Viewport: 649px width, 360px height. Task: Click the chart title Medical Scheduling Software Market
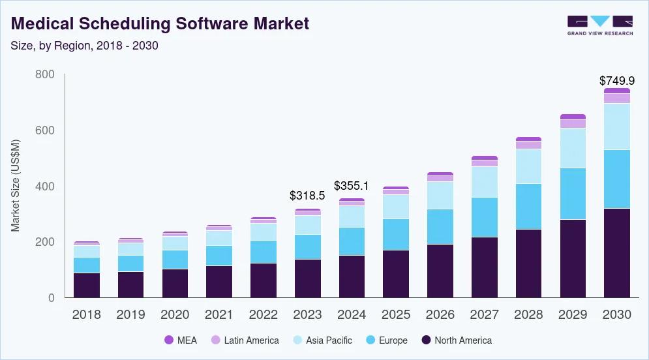160,24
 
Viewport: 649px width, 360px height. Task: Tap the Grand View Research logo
599,25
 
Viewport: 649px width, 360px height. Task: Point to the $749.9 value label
617,81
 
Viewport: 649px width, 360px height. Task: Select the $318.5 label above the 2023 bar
307,195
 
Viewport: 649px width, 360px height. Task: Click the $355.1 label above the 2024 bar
352,186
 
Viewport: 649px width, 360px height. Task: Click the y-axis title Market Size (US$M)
15,186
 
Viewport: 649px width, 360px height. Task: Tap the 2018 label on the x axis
86,314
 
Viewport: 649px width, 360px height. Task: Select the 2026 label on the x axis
440,314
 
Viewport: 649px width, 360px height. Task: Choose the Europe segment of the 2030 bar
617,179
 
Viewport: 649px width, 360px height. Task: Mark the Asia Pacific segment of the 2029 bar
573,148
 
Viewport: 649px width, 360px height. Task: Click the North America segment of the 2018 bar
86,285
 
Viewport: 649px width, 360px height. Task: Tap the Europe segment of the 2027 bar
484,217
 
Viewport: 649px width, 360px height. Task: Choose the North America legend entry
457,340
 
